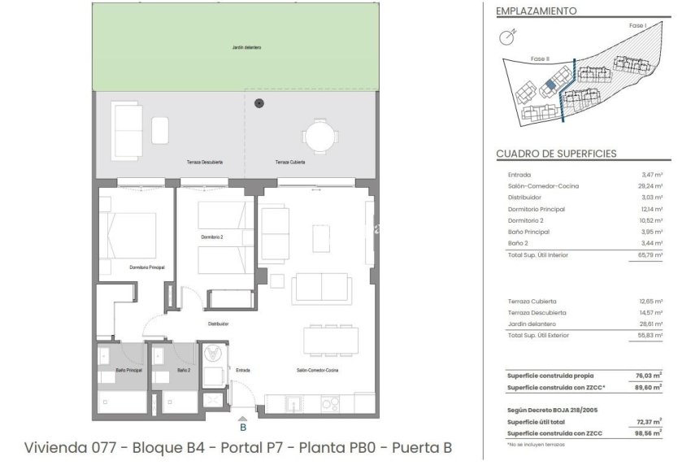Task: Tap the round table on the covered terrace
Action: (319, 135)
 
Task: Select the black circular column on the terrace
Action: (259, 102)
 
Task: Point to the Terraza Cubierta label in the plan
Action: (290, 163)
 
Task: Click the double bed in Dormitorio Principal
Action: (130, 234)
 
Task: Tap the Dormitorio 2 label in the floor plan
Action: (212, 237)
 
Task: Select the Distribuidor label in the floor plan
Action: (218, 324)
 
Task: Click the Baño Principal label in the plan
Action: (118, 370)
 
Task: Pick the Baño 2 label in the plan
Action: (184, 370)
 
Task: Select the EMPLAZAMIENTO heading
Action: (536, 11)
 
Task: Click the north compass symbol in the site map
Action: (508, 35)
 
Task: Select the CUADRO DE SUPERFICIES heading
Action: (556, 154)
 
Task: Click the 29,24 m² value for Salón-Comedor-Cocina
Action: (652, 186)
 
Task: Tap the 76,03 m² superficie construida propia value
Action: (650, 376)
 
